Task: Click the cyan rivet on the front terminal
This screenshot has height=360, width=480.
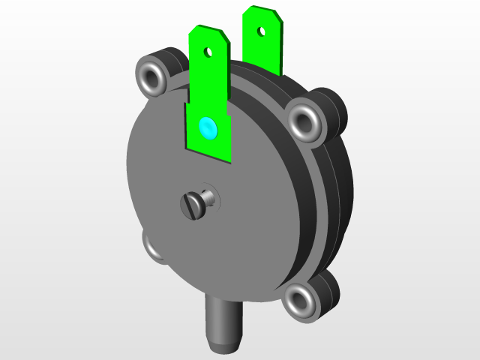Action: point(206,128)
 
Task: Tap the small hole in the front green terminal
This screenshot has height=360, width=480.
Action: point(209,52)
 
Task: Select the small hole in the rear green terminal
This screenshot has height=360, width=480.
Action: point(261,31)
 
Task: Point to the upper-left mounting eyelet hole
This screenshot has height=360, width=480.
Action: point(152,76)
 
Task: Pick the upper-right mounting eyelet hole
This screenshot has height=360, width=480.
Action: point(304,119)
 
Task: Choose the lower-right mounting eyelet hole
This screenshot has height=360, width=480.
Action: point(300,301)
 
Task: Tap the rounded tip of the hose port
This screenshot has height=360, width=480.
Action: point(223,346)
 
